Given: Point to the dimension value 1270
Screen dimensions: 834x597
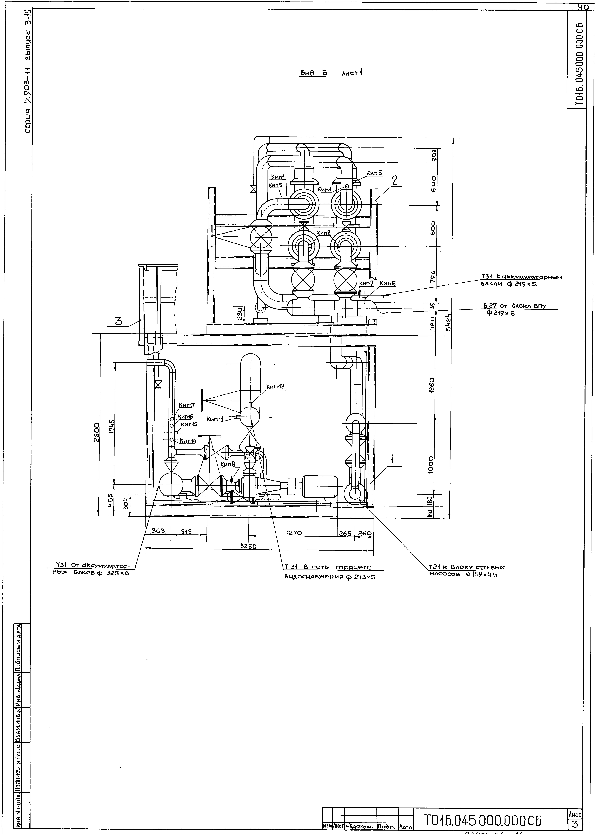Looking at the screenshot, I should point(294,532).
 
